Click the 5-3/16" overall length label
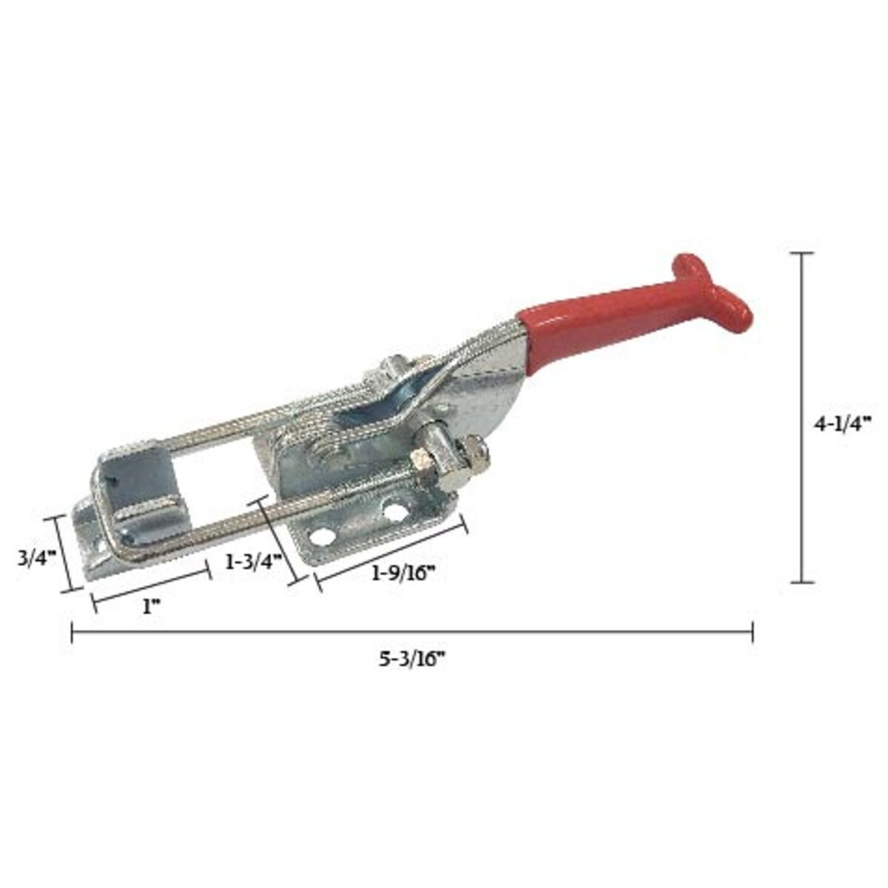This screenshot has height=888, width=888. pos(411,659)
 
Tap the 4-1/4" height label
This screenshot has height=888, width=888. pos(843,423)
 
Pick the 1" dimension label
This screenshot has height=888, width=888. pos(151,607)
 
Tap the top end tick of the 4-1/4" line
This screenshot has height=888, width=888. pos(802,253)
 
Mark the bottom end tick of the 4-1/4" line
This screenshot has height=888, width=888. pos(802,582)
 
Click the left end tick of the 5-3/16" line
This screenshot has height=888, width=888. pos(72,633)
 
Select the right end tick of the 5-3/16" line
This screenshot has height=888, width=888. pos(753,633)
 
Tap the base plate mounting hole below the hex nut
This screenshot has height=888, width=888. pos(391,510)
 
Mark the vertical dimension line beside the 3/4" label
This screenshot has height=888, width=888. pos(62,554)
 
